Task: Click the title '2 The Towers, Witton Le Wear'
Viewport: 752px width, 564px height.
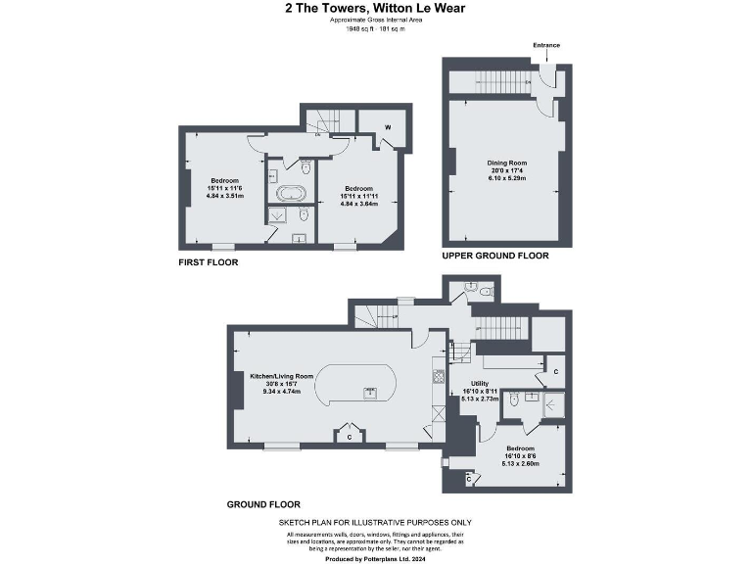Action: click(x=375, y=9)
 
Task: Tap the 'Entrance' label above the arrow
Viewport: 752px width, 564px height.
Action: click(x=546, y=46)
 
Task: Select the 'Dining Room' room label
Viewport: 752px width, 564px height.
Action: click(x=507, y=163)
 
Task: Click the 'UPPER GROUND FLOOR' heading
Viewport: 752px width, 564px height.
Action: click(x=494, y=256)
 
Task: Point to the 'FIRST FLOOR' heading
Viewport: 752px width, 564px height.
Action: click(x=208, y=262)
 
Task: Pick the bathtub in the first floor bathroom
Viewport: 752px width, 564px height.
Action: click(x=291, y=194)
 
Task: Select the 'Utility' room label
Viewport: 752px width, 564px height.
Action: click(x=480, y=384)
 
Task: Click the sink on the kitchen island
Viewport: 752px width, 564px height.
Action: click(x=370, y=394)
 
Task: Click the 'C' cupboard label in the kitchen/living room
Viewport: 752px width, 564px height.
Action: click(x=350, y=438)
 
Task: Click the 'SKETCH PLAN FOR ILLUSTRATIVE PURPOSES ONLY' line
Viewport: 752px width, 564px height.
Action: click(x=375, y=524)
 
